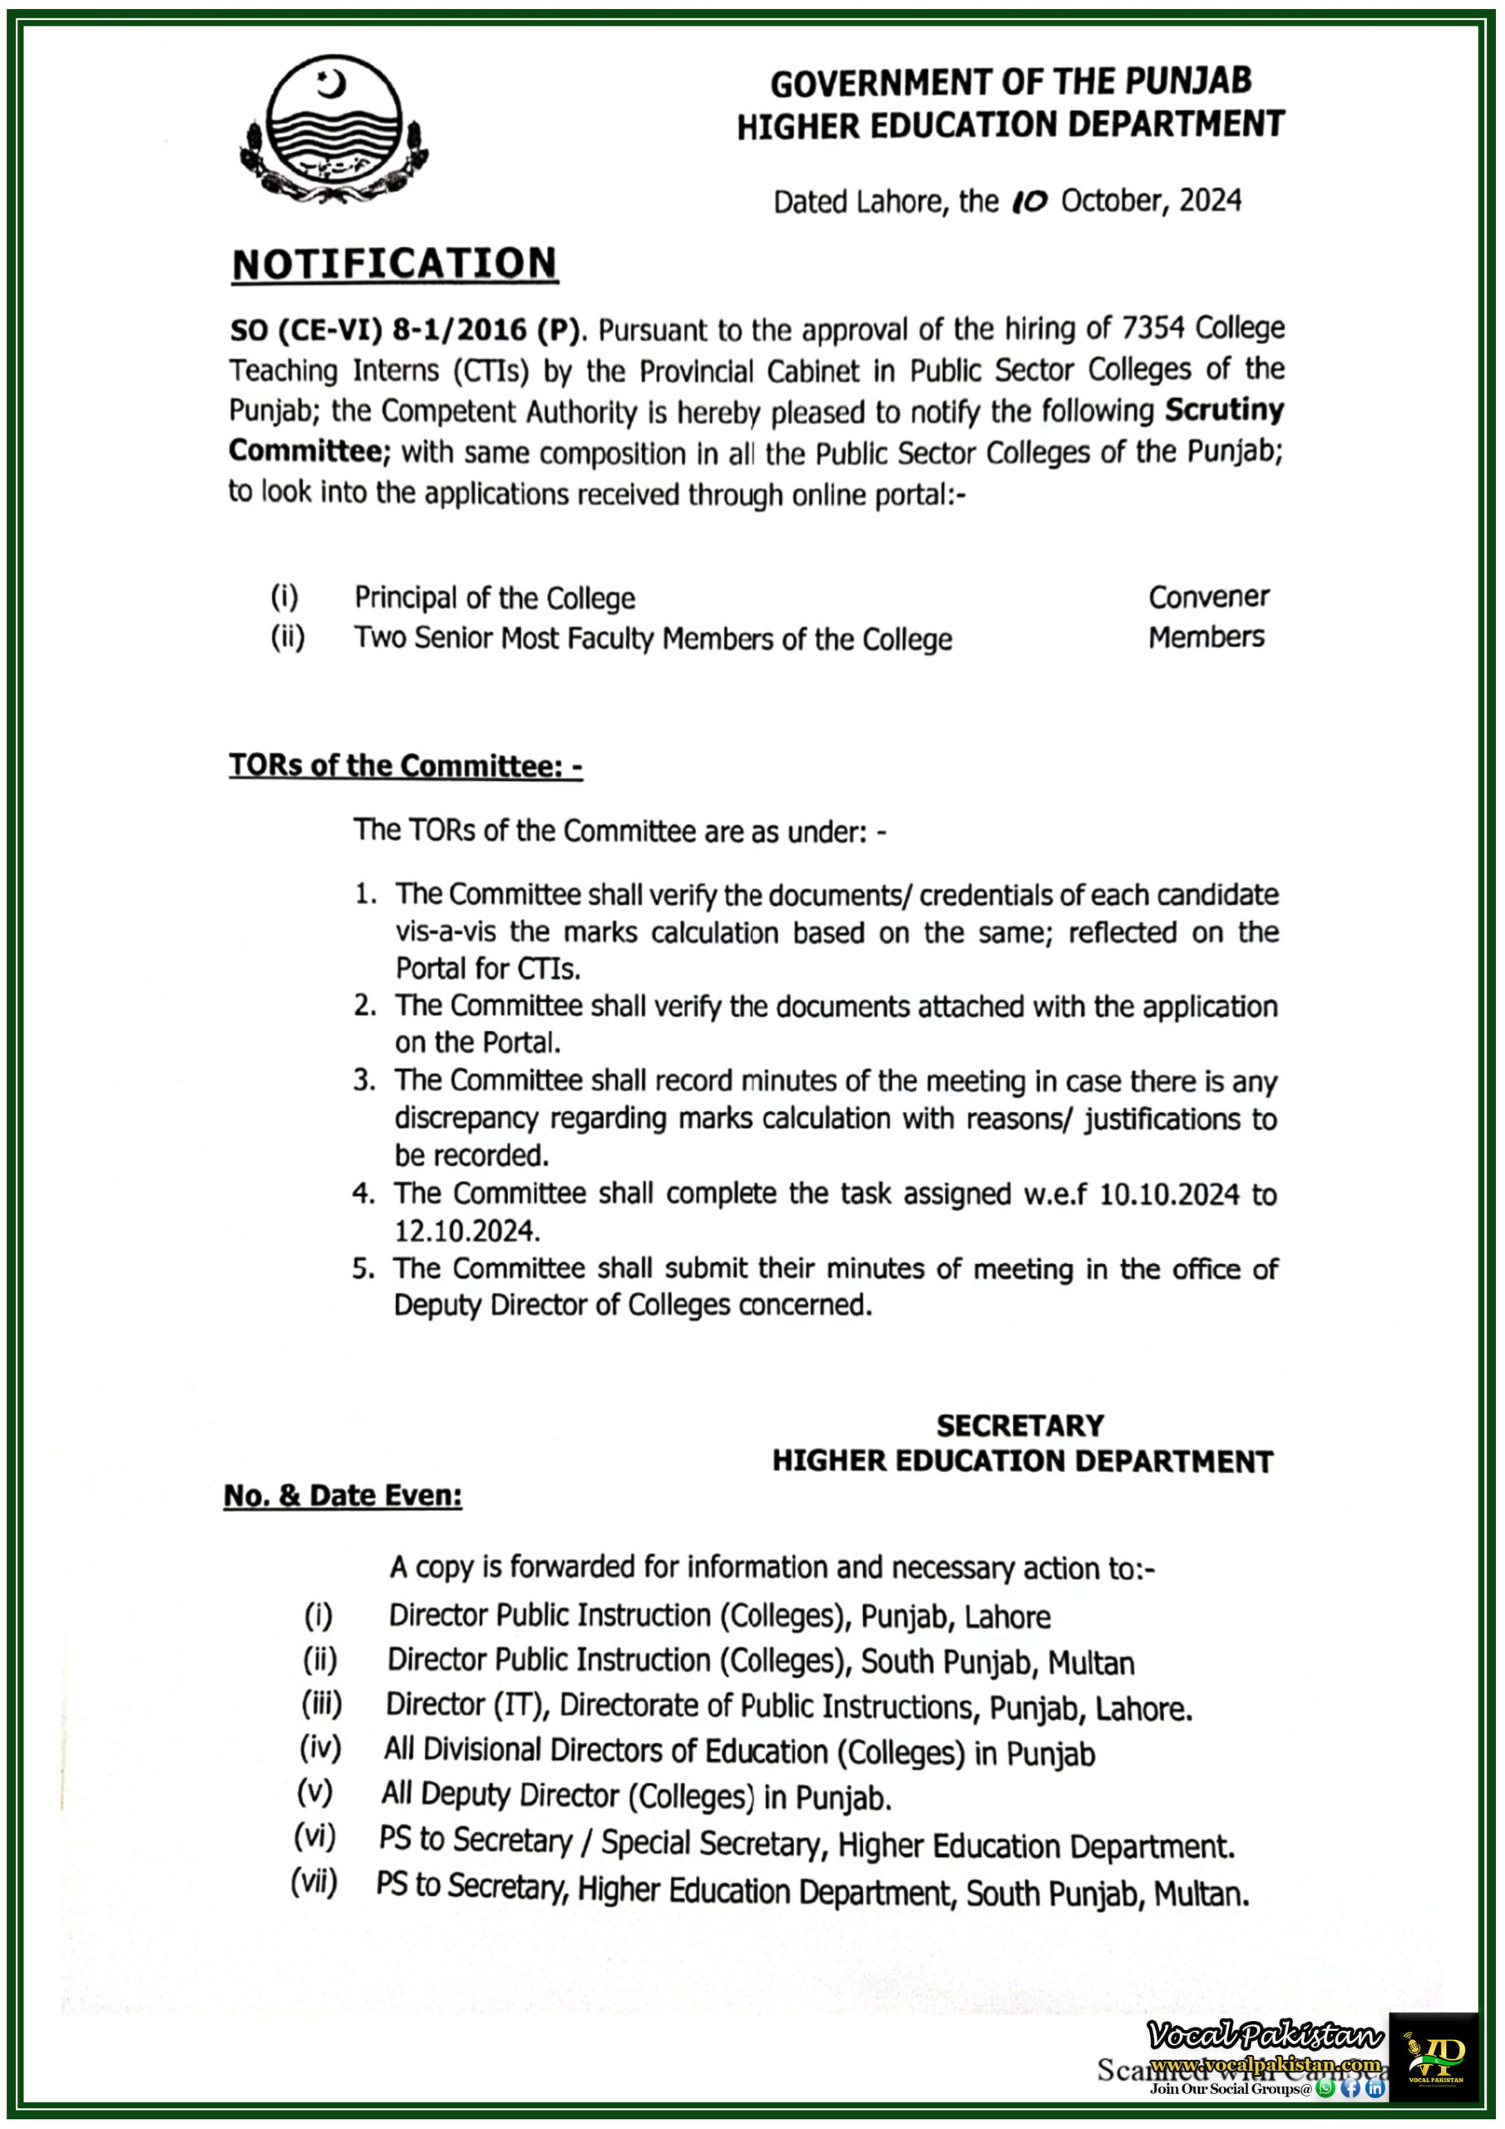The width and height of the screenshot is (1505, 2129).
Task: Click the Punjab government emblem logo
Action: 333,130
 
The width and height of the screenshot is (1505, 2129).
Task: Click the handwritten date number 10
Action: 1029,201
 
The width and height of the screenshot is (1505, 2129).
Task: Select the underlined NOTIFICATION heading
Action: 394,264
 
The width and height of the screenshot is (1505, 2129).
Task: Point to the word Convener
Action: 1208,597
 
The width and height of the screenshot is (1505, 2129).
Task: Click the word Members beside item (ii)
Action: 1206,637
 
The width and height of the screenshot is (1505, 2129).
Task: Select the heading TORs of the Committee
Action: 405,766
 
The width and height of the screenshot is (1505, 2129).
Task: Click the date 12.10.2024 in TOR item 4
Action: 466,1231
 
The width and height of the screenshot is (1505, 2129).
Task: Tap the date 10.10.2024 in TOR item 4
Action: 1168,1194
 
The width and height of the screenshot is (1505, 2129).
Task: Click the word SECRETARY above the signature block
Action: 1020,1425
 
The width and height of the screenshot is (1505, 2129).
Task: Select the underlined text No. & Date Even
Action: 343,1495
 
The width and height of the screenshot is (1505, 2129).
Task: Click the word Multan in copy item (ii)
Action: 1090,1663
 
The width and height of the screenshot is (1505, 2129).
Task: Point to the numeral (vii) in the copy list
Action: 314,1882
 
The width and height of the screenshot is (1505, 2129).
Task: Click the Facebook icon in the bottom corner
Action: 1350,2089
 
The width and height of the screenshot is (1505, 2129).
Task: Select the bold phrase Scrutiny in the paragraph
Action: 1224,410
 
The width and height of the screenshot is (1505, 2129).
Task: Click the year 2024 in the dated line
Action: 1209,201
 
